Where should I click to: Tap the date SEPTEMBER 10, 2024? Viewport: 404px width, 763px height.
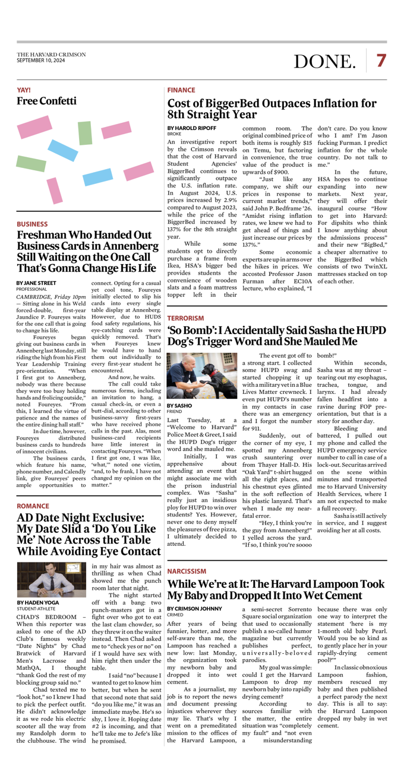tap(41, 60)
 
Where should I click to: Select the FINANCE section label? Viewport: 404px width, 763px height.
tap(181, 90)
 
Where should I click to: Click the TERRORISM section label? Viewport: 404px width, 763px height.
tap(185, 319)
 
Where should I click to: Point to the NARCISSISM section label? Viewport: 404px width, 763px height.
tap(187, 555)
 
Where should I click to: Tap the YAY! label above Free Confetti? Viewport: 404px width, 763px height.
tap(24, 90)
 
